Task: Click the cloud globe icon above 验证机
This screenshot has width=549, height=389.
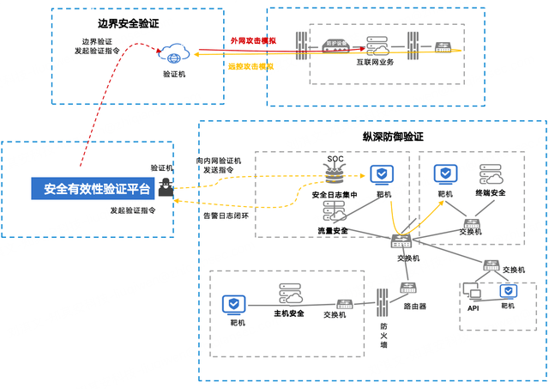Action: pos(175,55)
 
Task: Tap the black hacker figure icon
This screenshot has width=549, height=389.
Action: pos(161,191)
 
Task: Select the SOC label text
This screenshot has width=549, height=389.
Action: pos(335,159)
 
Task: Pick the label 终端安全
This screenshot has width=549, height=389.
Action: pos(490,193)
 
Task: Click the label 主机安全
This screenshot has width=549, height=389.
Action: pos(289,313)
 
